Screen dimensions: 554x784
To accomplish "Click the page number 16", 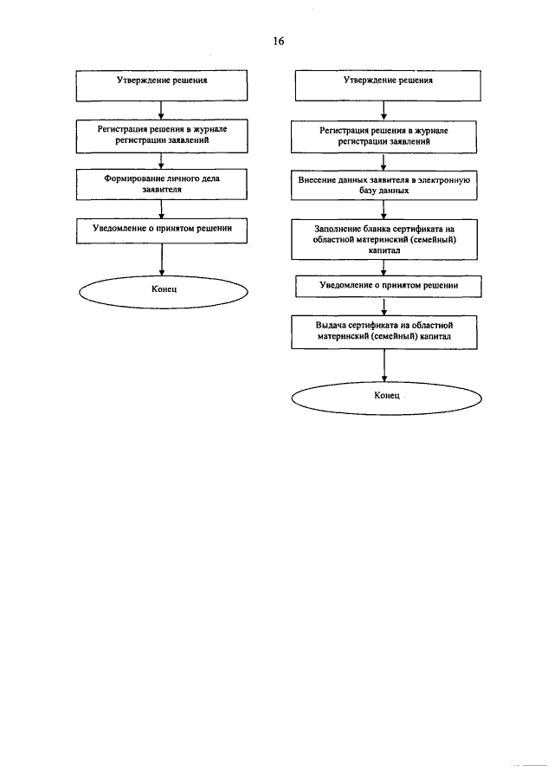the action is (278, 41).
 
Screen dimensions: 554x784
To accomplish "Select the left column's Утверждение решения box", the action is (161, 86).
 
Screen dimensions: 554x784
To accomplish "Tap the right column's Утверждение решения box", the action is (388, 86).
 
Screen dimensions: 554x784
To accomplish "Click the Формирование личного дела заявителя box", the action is (161, 185).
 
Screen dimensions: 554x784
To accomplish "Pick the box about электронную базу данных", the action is (383, 185).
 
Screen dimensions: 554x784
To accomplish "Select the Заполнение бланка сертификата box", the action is (383, 239).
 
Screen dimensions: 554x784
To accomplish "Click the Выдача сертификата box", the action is (383, 332).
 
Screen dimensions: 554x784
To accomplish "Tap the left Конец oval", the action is (164, 292).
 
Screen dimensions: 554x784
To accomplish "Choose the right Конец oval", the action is (387, 398).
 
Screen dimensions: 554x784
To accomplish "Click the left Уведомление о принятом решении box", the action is (161, 231).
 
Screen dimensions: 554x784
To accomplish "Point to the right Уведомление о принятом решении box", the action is (388, 287).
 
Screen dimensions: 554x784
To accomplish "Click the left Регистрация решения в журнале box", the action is (161, 136).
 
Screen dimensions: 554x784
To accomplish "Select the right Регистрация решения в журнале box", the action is (383, 137).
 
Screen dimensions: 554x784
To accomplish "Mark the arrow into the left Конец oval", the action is (162, 260).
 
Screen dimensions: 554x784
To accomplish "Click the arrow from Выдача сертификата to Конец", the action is (384, 366).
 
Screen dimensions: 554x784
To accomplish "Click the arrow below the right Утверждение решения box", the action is (383, 111).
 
